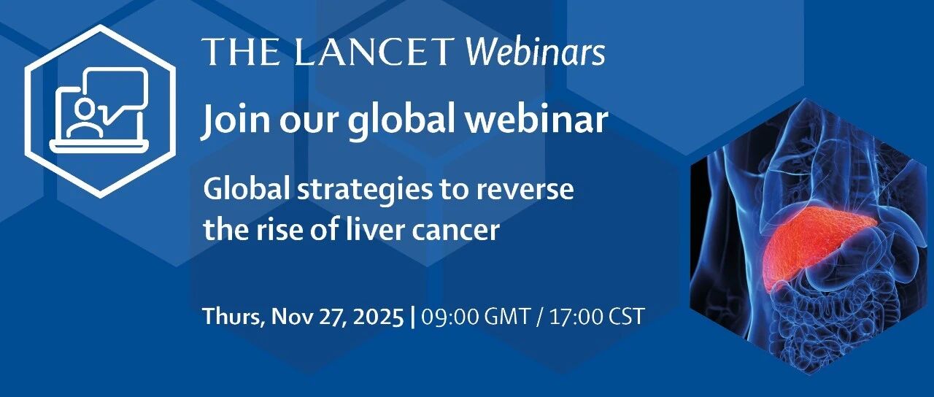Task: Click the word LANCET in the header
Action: point(374,52)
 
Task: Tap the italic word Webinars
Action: point(535,52)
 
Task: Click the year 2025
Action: point(379,317)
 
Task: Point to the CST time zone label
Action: point(627,317)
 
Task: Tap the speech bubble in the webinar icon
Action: point(116,94)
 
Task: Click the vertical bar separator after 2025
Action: point(413,317)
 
